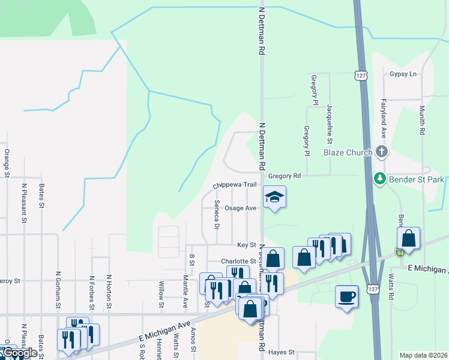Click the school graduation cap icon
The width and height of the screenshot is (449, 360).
point(274,197)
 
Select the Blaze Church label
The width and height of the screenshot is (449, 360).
point(348,152)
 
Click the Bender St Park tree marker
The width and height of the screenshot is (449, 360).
point(379,178)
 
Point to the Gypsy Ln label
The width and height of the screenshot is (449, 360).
point(403,74)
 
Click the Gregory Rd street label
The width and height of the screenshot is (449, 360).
point(284,176)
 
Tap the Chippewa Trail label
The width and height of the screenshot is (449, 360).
point(239,185)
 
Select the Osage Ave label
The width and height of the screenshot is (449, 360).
point(240,208)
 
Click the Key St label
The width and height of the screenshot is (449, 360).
point(246,245)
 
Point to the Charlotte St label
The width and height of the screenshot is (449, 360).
point(238,261)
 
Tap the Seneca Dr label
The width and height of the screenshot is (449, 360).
point(217,215)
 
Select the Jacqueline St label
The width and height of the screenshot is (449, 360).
point(330,124)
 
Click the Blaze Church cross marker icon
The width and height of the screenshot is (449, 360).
point(381,152)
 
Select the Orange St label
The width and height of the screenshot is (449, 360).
point(7,163)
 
